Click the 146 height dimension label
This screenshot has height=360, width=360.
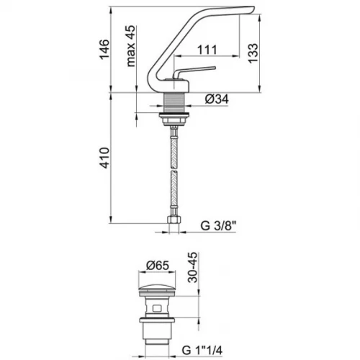click(x=104, y=49)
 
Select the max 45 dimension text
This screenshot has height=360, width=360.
click(x=130, y=46)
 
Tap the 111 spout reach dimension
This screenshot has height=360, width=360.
click(x=207, y=50)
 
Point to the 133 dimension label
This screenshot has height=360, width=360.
click(x=253, y=53)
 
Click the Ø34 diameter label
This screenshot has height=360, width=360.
click(x=217, y=99)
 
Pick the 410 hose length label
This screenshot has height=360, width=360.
click(x=104, y=158)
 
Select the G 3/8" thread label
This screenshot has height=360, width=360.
click(x=218, y=225)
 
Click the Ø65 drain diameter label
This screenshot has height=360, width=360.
click(x=158, y=266)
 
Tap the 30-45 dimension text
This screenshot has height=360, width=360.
click(x=192, y=267)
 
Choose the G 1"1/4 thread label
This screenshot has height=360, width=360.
click(x=202, y=350)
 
